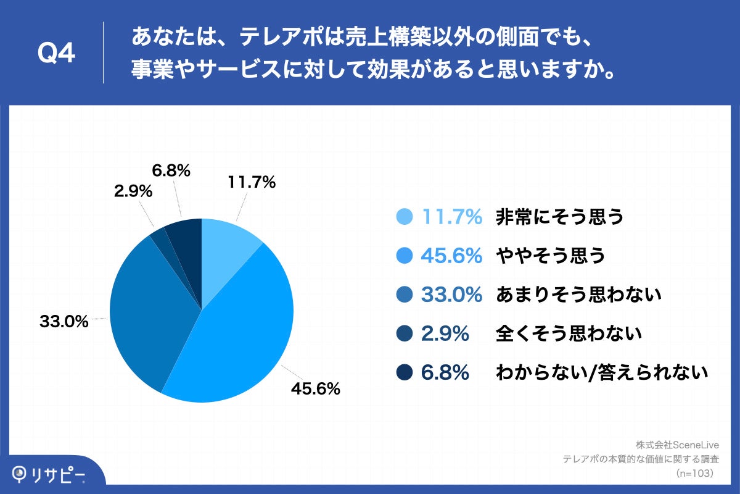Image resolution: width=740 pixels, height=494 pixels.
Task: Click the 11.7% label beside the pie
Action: coord(251,182)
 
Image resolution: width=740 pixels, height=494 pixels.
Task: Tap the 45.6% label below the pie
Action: coord(315,389)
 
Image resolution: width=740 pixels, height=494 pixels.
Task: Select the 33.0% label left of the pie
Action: coord(64,322)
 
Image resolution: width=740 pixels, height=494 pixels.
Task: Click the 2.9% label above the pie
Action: coord(133,191)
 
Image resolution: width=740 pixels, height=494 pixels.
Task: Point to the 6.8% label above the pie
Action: coord(171,170)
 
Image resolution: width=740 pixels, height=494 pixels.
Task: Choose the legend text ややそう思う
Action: coord(551,256)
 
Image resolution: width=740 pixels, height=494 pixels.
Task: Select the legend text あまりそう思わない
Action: coord(578,295)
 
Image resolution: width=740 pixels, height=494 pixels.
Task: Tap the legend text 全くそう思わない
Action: coord(569,334)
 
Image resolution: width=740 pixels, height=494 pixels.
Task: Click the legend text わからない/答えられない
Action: coord(601,373)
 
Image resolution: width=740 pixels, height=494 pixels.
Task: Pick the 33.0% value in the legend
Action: coord(451,295)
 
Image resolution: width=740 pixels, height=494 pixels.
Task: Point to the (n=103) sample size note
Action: coord(695,472)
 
